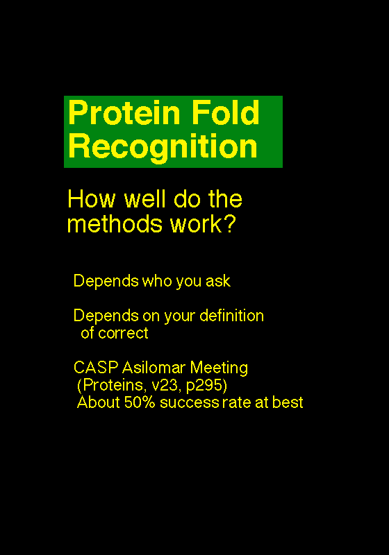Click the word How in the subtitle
92,198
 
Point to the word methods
115,224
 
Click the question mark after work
231,224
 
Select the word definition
232,316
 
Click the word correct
123,333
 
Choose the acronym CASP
96,368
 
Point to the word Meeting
219,368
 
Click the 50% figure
140,402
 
